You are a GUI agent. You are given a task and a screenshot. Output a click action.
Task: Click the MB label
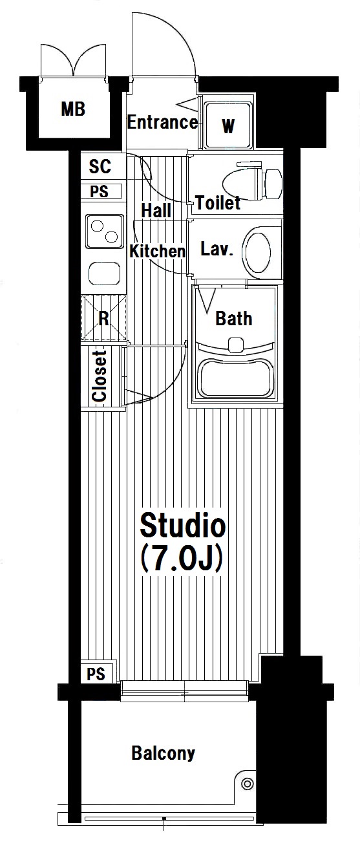tap(73, 109)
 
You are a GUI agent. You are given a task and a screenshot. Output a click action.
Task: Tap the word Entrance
tap(162, 122)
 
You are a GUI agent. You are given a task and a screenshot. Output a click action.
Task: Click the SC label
tap(100, 166)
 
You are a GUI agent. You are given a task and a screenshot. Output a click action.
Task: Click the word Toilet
tap(218, 203)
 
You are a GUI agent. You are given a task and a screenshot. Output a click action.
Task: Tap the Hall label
tap(156, 210)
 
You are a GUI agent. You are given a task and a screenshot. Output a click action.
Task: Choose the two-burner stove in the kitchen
tap(105, 231)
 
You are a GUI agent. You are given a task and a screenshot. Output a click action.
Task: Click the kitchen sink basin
tap(105, 274)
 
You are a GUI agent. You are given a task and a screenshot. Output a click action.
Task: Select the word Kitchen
tap(157, 251)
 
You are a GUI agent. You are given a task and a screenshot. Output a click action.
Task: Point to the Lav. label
tap(217, 249)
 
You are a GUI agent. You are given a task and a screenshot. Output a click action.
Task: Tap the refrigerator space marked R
tap(103, 318)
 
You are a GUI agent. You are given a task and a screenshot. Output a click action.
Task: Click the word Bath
tap(234, 318)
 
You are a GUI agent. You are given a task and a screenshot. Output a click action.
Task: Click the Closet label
tap(100, 376)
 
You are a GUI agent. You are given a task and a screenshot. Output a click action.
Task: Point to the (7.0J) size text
tap(182, 559)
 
